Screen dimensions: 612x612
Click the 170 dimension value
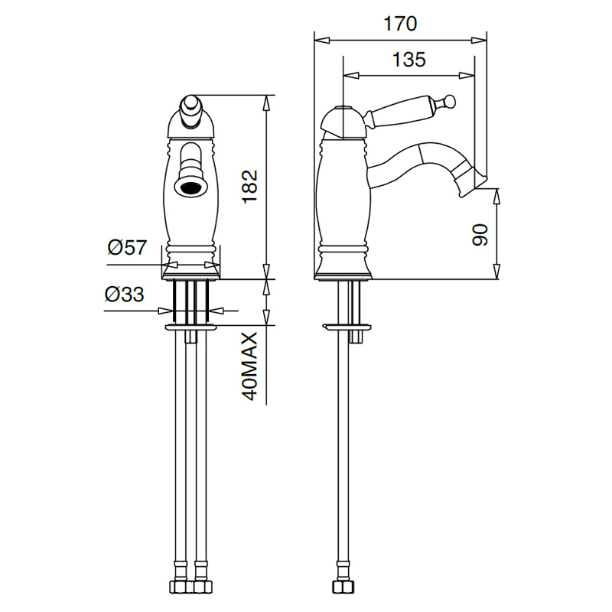[400, 24]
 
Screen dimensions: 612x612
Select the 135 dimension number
[409, 60]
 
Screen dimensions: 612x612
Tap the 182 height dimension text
[250, 187]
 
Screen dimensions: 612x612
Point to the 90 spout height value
[480, 235]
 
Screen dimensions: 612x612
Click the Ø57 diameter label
[127, 247]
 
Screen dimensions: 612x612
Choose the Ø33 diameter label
[124, 295]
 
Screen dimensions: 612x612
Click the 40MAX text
[250, 366]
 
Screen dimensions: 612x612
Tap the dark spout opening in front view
[190, 187]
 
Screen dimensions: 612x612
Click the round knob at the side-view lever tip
[450, 100]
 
